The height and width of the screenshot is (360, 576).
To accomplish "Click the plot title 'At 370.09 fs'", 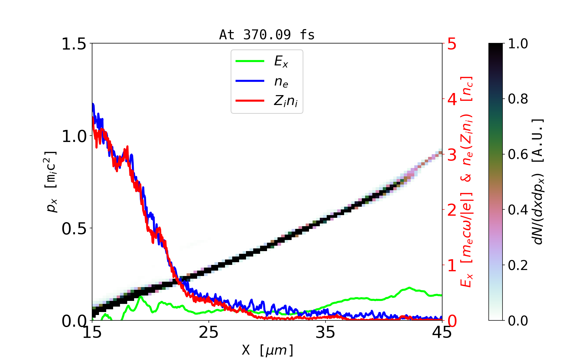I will point(267,35).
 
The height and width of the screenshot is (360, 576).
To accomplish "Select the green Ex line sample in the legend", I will point(250,61).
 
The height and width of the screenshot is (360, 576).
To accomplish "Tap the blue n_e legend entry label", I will point(281,82).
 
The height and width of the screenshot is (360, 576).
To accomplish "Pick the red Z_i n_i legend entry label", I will point(286,101).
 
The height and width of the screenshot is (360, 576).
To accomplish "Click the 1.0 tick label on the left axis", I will point(74,136).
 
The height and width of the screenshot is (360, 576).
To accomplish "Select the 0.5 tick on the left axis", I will point(74,229).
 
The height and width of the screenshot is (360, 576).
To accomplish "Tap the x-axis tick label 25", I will point(208,332).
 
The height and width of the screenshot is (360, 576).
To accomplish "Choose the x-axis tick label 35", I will point(325,332).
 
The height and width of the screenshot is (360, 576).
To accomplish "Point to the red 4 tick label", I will point(452,99).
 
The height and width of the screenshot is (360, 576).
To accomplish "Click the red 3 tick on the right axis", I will point(452,155).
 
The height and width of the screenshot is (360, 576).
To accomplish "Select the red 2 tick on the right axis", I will point(452,210).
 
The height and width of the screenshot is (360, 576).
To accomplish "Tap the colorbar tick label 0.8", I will point(518,99).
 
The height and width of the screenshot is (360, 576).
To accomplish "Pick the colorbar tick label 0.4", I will point(518,210).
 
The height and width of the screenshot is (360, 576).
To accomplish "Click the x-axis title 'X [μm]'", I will point(267,350).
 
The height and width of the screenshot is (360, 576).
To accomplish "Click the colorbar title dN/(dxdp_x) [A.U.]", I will point(538,182).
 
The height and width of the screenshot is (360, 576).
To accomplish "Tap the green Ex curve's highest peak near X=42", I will point(409,288).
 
